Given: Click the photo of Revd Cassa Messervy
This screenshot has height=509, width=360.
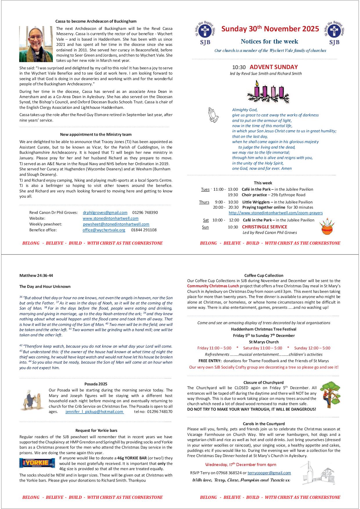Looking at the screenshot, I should [36, 44].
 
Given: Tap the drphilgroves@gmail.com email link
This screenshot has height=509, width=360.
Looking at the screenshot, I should [105, 212].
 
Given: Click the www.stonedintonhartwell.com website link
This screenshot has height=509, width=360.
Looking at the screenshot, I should [110, 218].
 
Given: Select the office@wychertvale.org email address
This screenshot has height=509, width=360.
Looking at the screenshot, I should [104, 230].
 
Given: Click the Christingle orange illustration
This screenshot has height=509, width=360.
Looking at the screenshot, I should [327, 228].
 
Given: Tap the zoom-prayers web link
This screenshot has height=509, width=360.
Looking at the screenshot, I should [276, 213].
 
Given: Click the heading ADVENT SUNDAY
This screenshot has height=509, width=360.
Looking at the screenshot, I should [273, 67].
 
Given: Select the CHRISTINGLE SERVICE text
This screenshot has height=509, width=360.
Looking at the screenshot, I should [264, 227].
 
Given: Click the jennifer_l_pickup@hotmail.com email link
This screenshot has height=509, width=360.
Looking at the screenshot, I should [95, 411].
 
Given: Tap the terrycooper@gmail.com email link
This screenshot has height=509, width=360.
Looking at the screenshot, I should [269, 473].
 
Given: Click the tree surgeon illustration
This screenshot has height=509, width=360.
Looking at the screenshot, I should [330, 395].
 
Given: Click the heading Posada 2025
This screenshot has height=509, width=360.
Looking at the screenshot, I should [96, 384].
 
